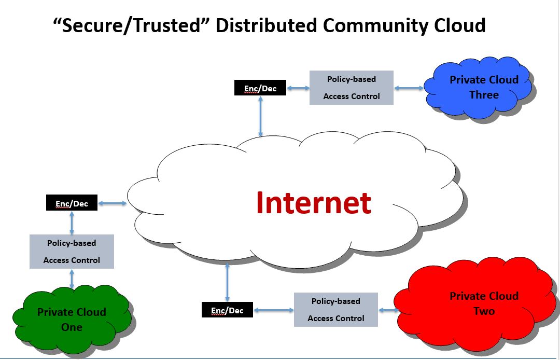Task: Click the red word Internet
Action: coord(314,203)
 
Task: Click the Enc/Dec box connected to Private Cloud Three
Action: coord(260,88)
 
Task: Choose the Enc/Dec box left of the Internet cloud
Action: coord(72,203)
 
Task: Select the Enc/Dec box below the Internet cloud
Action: coord(227,310)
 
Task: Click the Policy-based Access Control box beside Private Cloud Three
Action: coord(352,88)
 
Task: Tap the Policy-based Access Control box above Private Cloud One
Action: coord(72,252)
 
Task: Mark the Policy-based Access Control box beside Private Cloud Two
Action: coord(336,310)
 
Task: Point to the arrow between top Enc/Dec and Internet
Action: coord(260,116)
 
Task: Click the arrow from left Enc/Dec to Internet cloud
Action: coord(112,203)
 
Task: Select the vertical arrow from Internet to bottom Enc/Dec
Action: coord(227,283)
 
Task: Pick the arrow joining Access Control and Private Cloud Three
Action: coord(409,88)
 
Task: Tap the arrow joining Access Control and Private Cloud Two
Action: coord(388,310)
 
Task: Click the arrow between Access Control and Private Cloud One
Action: coord(72,279)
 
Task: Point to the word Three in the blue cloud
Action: coord(484,95)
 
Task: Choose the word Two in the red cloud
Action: coord(484,311)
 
